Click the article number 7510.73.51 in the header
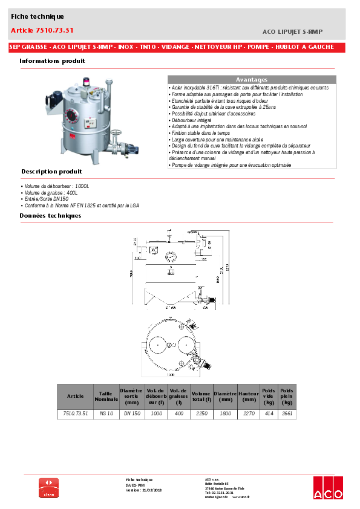[42, 30]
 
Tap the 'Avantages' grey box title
[251, 80]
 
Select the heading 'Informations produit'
[52, 61]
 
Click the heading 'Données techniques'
[50, 215]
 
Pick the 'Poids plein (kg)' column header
[287, 397]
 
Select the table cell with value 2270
[248, 414]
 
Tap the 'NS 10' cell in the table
[106, 414]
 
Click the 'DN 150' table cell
[132, 414]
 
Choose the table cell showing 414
[269, 414]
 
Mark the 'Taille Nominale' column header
[106, 397]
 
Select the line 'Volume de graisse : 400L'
[54, 192]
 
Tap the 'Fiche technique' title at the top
[37, 17]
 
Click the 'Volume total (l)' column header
[200, 397]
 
